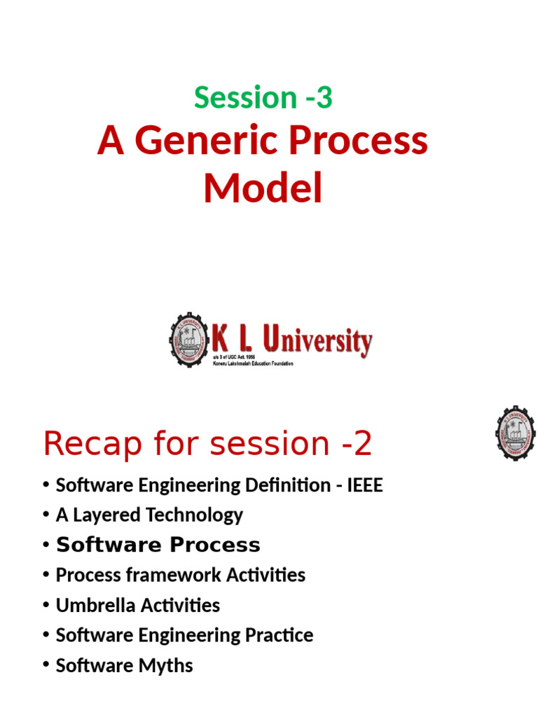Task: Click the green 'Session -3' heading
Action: coord(263,97)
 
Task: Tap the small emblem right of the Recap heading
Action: coord(516,433)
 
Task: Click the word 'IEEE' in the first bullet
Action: coord(365,485)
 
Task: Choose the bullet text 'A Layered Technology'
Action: coord(149,515)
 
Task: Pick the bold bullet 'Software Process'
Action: coord(158,545)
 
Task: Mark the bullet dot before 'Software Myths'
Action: coord(46,666)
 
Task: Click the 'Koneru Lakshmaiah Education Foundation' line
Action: coord(252,363)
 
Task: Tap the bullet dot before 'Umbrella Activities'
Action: coord(46,606)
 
